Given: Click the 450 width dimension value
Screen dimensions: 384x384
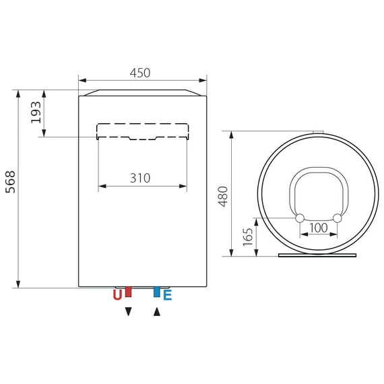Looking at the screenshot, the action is [x=140, y=73].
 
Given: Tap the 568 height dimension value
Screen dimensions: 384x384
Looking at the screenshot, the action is [x=11, y=182].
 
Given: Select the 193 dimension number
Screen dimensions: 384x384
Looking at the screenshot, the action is [x=36, y=113].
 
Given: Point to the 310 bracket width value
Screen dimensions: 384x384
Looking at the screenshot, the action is [x=140, y=178].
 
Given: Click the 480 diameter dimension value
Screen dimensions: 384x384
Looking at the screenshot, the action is [x=223, y=197].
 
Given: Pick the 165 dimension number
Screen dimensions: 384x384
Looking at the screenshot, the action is [x=248, y=237].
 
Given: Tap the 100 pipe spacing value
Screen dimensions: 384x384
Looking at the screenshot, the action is [x=319, y=228].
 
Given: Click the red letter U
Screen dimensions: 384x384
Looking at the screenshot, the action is [x=117, y=295].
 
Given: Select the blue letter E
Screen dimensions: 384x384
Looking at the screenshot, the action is [x=168, y=295].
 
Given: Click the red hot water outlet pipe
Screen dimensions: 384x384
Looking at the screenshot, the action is [x=128, y=292].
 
